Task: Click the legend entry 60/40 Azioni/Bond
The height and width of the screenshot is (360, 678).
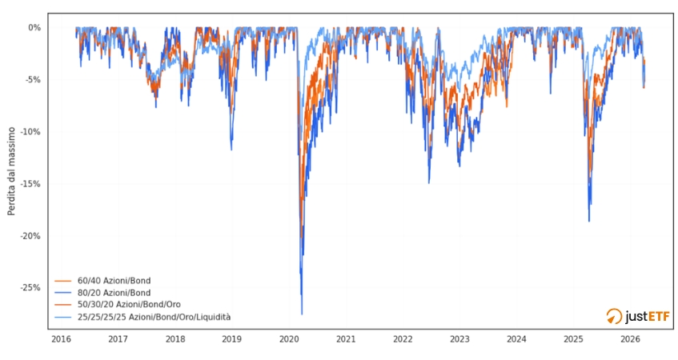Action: click(x=114, y=281)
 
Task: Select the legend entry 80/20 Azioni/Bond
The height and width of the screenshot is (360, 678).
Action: click(x=114, y=293)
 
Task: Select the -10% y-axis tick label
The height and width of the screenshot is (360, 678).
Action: click(x=31, y=131)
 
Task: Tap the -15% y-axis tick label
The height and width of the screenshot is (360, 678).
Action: click(x=31, y=183)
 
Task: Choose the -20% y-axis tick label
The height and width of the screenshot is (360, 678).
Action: click(x=31, y=235)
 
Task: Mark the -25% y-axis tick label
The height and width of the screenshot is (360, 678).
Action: click(x=31, y=287)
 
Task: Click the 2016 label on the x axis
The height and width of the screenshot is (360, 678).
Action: click(x=61, y=338)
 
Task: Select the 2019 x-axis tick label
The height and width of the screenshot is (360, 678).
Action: click(x=231, y=338)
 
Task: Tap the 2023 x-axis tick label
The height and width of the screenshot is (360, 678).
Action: click(x=459, y=338)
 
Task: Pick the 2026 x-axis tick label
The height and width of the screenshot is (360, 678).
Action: click(x=630, y=338)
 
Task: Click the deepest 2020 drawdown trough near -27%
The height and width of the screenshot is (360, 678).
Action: click(x=302, y=314)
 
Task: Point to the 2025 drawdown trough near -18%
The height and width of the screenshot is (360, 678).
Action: click(x=589, y=221)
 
